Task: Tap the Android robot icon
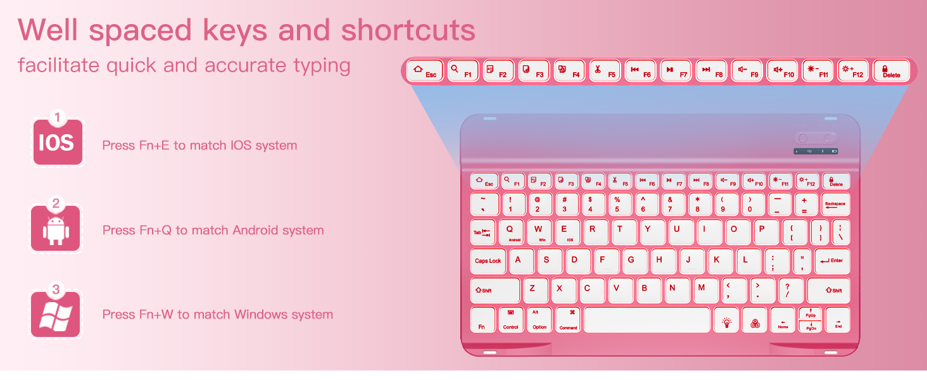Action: point(56,229)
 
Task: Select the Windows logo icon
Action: point(56,315)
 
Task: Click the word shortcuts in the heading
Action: point(408,30)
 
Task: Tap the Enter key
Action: point(832,261)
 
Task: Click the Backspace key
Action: point(835,205)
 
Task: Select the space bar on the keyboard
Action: point(646,320)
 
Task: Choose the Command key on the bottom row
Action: point(568,320)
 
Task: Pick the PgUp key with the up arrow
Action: point(810,313)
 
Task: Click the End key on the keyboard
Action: point(838,320)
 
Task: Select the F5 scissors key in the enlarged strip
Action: point(604,71)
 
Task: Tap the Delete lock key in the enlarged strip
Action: point(891,71)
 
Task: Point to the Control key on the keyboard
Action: point(510,320)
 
